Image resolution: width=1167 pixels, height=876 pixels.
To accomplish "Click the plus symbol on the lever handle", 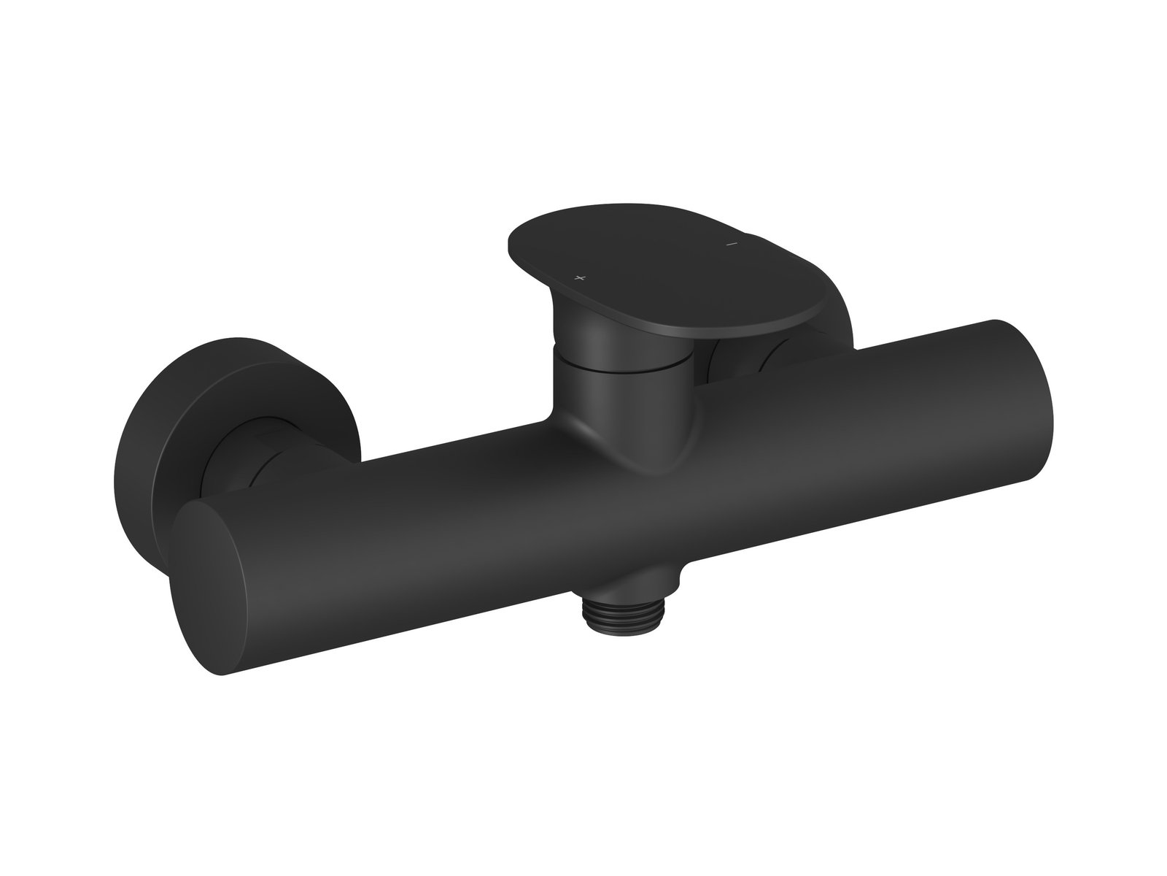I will pos(581,278).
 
